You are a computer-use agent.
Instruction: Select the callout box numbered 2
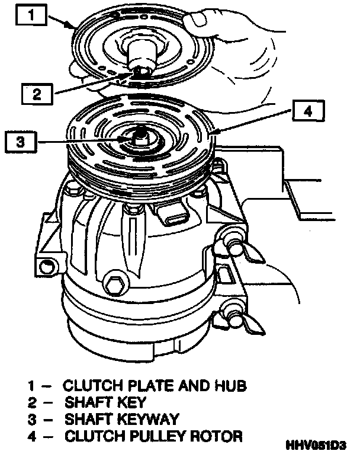coord(37,92)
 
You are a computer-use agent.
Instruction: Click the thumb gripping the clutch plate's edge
coord(198,24)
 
